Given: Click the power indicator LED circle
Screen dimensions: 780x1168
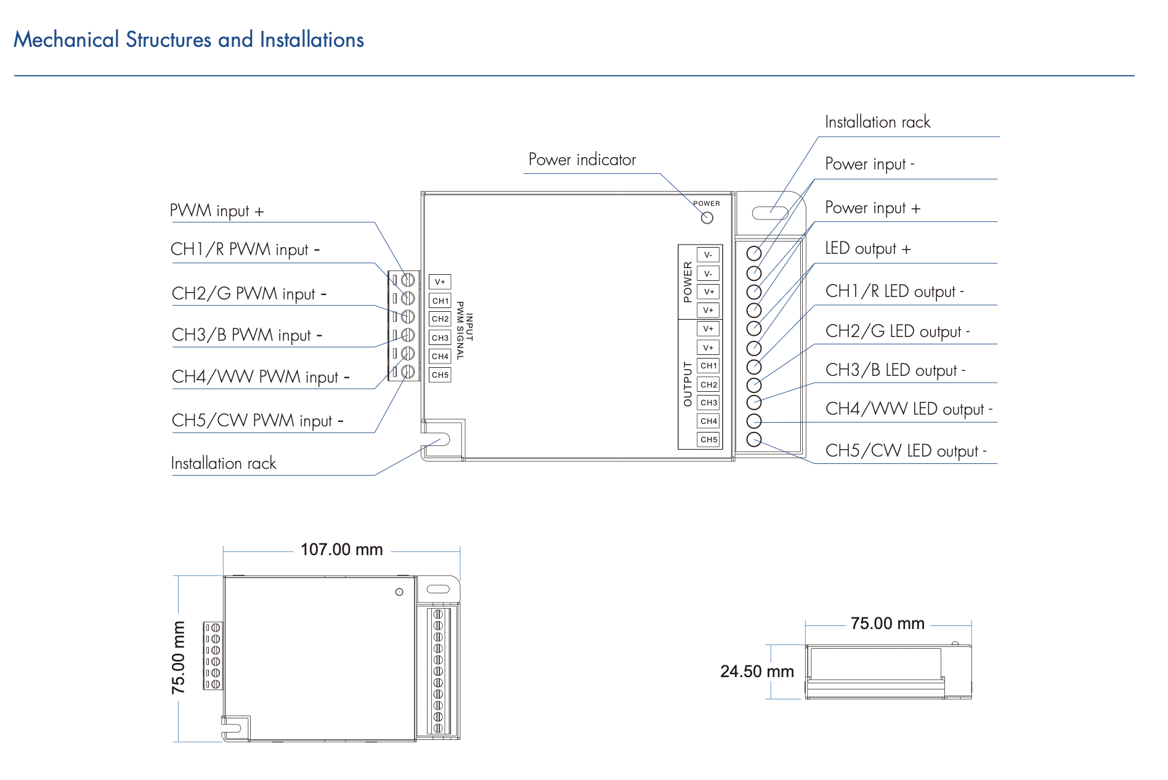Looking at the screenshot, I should [x=707, y=217].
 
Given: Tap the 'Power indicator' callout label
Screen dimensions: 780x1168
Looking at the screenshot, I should [x=582, y=160].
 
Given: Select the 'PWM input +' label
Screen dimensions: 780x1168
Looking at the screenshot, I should [x=217, y=211].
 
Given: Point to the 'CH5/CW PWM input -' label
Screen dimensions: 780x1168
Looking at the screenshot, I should [x=258, y=420].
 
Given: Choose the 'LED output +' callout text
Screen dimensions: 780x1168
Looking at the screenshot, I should [x=867, y=248].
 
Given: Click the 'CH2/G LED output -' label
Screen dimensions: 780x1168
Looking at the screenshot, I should [x=897, y=331].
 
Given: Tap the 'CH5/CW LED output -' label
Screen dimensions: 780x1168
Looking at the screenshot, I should [x=906, y=450].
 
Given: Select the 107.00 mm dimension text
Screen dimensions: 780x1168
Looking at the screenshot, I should [x=341, y=550].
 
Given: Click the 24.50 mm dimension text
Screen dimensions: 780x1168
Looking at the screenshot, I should [x=756, y=672].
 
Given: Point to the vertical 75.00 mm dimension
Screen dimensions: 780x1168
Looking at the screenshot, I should [x=179, y=657].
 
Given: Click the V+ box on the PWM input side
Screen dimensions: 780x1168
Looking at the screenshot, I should [x=440, y=282].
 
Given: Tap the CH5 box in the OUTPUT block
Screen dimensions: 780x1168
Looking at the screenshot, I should [x=708, y=440].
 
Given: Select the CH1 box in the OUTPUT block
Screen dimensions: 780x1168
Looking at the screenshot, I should [x=708, y=366].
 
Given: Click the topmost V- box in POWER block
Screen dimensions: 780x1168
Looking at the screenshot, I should [x=708, y=255].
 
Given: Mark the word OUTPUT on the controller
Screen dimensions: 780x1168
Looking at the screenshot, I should [x=687, y=384].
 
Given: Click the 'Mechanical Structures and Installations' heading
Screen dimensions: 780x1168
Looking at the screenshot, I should [x=189, y=40].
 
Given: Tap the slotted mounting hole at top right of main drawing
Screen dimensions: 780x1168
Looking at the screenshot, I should [x=770, y=214].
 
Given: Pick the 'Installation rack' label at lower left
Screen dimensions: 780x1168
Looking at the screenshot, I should [x=223, y=463].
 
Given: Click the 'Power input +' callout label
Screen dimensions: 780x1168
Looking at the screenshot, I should [x=872, y=208].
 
